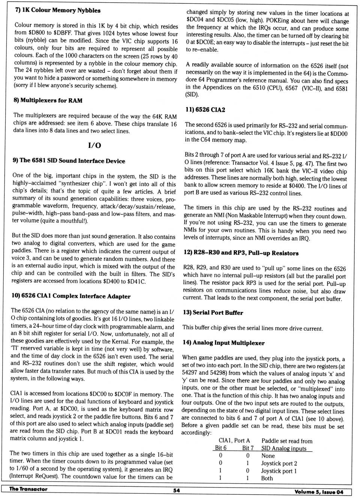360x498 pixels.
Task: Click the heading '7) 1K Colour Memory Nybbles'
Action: point(58,10)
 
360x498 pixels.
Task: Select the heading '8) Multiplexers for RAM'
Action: point(48,100)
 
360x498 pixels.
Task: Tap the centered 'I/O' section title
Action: point(94,145)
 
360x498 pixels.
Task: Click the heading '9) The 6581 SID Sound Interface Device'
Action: point(69,161)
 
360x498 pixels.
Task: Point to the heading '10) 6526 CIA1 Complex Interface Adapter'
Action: point(71,296)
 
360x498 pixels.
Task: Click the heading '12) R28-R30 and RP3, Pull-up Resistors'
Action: point(241,253)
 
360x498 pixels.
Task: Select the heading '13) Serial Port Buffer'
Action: point(213,312)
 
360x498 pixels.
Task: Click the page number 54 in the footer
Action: point(176,490)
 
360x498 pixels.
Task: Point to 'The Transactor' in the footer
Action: point(28,489)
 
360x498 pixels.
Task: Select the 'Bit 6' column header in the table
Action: point(220,448)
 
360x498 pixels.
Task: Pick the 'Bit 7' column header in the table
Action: point(247,448)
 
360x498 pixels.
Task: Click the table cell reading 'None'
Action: point(268,456)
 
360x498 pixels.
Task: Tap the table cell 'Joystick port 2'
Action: point(279,463)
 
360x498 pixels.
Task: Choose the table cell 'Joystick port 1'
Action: point(279,471)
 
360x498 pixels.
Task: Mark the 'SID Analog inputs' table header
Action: point(283,448)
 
